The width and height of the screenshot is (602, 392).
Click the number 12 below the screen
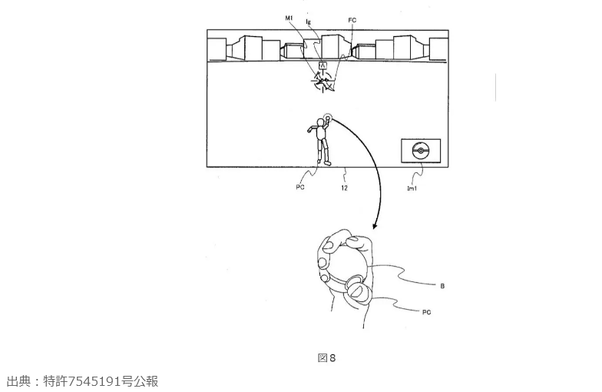coord(345,187)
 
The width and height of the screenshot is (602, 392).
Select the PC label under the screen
coord(300,187)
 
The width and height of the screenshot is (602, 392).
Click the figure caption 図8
coord(326,357)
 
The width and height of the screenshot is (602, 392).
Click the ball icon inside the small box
coord(419,149)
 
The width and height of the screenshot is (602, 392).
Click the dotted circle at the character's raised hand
coord(329,118)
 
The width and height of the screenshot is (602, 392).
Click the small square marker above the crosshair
coord(323,66)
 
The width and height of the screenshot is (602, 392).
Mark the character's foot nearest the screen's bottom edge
coord(326,162)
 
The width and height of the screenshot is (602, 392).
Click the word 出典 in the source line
coord(17,381)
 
